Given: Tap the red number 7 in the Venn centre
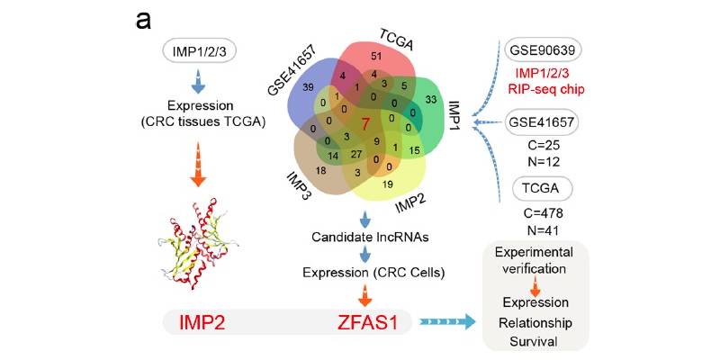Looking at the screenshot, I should pos(365,124).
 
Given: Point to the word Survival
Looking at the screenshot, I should pos(535,341).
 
